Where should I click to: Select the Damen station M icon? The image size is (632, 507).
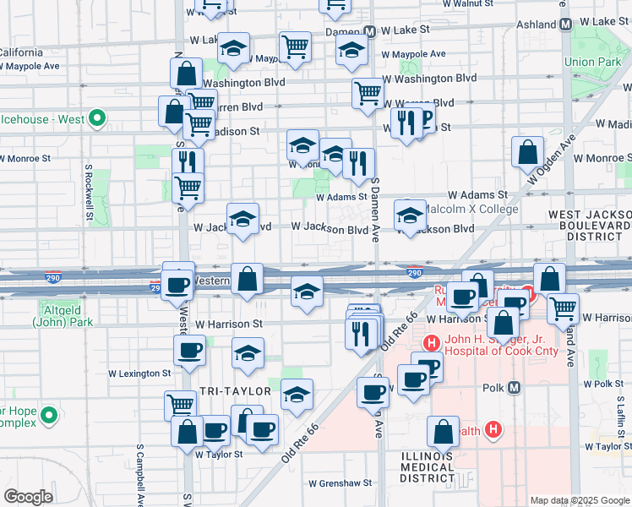(370, 31)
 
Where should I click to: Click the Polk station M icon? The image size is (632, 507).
(515, 387)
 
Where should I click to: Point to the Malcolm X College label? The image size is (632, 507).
(470, 210)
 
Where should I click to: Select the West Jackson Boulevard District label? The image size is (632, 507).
(589, 226)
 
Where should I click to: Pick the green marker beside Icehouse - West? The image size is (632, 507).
(96, 118)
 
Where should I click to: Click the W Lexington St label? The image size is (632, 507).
(139, 373)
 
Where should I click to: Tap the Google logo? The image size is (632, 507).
(29, 497)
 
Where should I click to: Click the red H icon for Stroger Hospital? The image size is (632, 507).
(431, 343)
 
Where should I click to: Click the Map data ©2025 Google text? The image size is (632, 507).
(579, 500)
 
